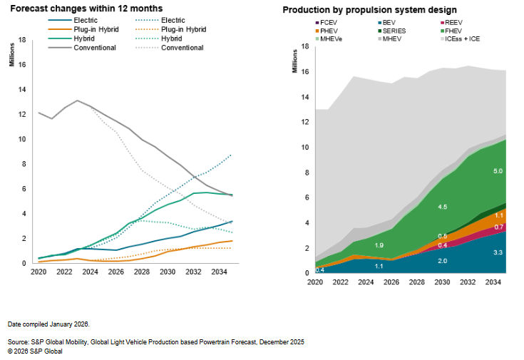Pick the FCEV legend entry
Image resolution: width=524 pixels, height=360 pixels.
(x=328, y=23)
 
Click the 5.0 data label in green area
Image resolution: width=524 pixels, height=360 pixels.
(x=478, y=171)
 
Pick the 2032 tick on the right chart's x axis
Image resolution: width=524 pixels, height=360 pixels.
(x=468, y=282)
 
